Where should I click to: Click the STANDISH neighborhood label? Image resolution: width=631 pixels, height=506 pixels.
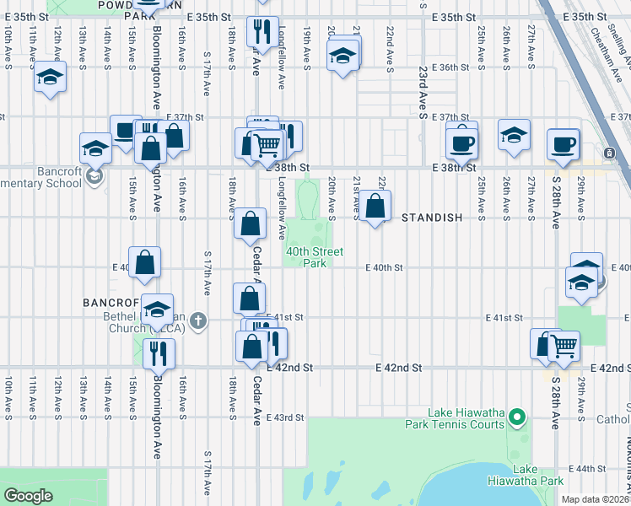432,218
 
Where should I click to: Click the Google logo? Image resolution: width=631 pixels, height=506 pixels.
29,496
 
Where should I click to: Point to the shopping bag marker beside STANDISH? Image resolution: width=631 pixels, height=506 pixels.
376,205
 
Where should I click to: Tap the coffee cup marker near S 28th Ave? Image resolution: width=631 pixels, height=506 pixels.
563,143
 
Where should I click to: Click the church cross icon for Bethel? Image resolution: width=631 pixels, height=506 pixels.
197,320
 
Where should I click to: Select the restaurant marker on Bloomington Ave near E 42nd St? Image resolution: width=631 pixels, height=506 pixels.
159,353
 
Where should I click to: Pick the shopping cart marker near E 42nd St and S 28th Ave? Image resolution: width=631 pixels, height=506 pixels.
564,345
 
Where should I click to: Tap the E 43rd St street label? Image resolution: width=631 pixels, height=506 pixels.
285,417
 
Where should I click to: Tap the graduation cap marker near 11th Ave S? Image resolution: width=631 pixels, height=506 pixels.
50,78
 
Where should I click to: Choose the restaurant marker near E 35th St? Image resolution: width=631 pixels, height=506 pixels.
262,31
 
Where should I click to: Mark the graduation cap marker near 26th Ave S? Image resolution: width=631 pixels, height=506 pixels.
514,135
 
